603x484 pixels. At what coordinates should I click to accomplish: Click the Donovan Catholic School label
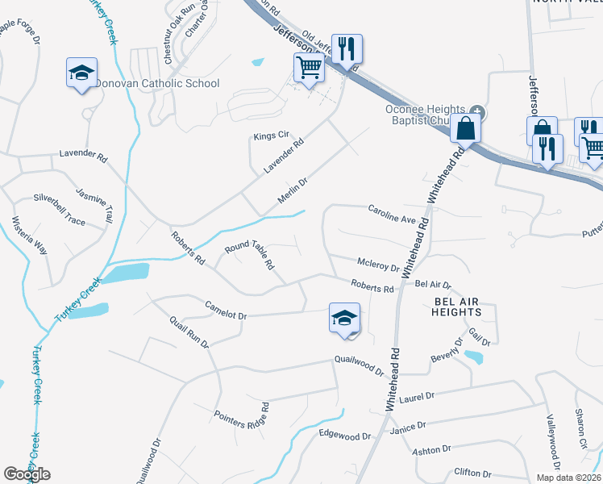click(157, 83)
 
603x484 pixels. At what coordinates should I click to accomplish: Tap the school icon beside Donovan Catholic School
click(81, 73)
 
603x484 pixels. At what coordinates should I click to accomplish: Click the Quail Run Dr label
click(189, 332)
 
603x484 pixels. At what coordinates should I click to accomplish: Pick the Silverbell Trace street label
click(59, 198)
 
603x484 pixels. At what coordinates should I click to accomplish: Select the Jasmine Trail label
click(95, 205)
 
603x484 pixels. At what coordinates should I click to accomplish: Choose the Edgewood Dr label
click(344, 436)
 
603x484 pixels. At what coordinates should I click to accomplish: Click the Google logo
click(27, 474)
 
